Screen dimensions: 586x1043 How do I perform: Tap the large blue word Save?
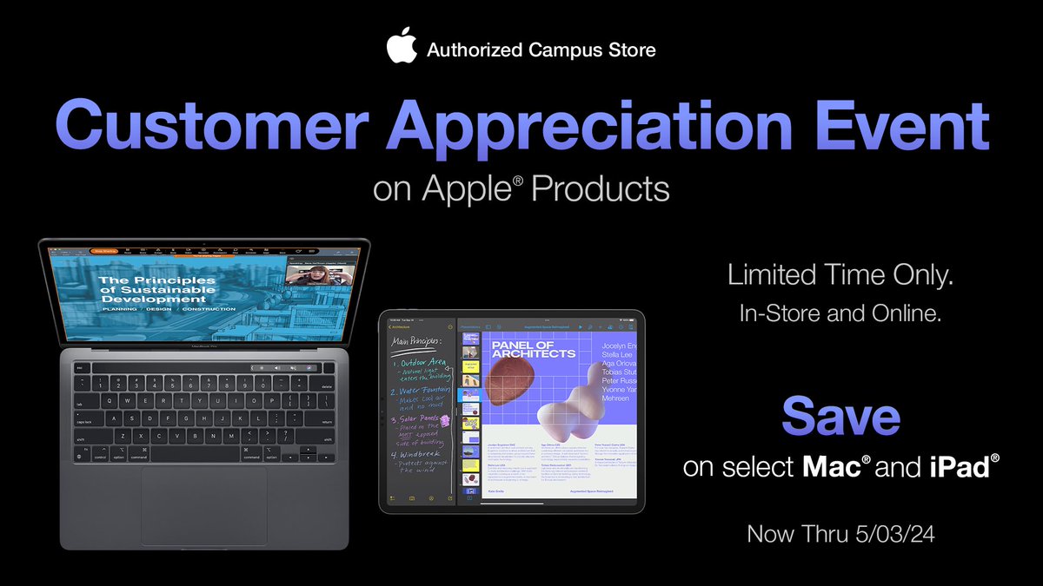pos(840,417)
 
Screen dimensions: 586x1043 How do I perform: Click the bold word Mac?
pos(829,467)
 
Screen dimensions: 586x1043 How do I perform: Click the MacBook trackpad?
pos(203,506)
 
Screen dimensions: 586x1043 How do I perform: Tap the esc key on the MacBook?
pos(79,367)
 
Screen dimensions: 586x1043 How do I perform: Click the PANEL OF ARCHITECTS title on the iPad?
pos(534,349)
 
